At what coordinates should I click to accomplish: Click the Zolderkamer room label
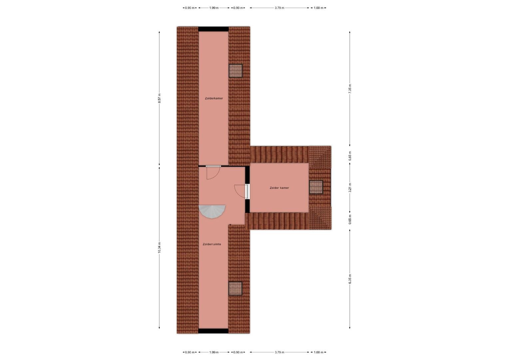pyautogui.click(x=214, y=98)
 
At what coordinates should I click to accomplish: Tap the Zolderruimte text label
pyautogui.click(x=212, y=244)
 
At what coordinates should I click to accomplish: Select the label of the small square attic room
pyautogui.click(x=279, y=188)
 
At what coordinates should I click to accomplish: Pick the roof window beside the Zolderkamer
pyautogui.click(x=236, y=71)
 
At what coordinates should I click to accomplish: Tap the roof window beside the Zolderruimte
pyautogui.click(x=235, y=288)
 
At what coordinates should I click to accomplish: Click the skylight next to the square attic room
pyautogui.click(x=316, y=187)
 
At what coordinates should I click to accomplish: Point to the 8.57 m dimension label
pyautogui.click(x=159, y=98)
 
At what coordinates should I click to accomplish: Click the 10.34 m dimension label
pyautogui.click(x=159, y=247)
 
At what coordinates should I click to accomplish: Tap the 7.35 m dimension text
pyautogui.click(x=350, y=88)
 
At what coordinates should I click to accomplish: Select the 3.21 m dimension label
pyautogui.click(x=350, y=187)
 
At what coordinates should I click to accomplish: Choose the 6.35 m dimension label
pyautogui.click(x=350, y=279)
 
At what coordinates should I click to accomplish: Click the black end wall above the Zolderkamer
pyautogui.click(x=214, y=29)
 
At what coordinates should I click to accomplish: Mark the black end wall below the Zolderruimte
pyautogui.click(x=213, y=331)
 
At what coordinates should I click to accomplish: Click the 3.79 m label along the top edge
pyautogui.click(x=279, y=8)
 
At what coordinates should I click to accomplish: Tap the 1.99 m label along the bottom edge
pyautogui.click(x=214, y=352)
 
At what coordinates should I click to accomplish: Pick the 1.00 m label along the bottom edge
pyautogui.click(x=318, y=352)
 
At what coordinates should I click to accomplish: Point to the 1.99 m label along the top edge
pyautogui.click(x=214, y=8)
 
